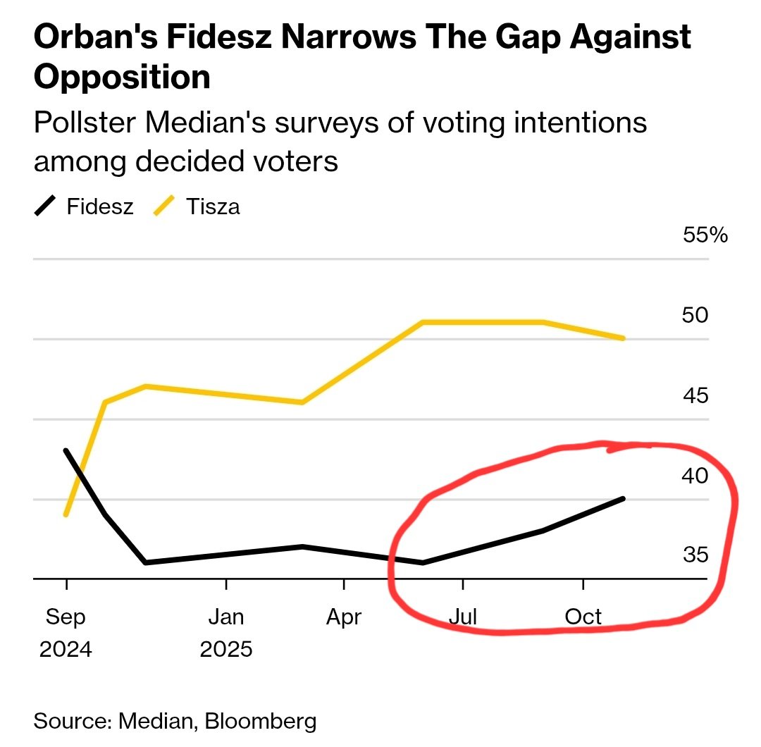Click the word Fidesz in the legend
click(99, 207)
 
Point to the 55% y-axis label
click(705, 235)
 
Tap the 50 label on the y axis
click(695, 315)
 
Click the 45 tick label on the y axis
click(695, 395)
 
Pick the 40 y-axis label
click(695, 476)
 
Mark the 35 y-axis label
click(695, 555)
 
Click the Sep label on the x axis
click(66, 617)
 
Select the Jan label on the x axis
click(225, 617)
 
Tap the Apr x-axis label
click(343, 617)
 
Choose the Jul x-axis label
click(462, 617)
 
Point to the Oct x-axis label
click(583, 617)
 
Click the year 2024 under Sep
click(66, 648)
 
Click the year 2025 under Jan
click(225, 648)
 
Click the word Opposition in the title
click(122, 77)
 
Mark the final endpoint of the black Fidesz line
click(623, 498)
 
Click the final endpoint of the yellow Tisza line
click(623, 338)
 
